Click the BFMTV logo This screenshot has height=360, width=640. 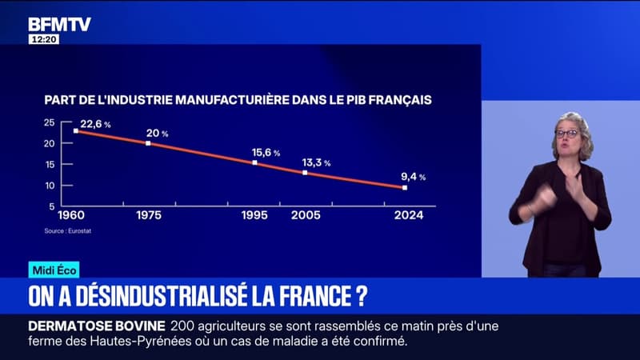click(59, 24)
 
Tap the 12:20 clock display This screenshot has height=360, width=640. click(43, 38)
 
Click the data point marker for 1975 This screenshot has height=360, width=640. click(148, 143)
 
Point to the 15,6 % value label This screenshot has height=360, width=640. click(266, 152)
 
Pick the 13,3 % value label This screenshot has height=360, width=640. click(315, 162)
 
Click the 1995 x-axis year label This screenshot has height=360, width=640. click(254, 215)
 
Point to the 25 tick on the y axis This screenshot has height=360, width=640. click(49, 122)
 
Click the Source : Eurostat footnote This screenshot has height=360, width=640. click(63, 231)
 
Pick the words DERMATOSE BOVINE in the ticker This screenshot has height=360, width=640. click(97, 325)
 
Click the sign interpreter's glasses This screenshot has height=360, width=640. click(567, 134)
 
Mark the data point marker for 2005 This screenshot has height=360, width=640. click(305, 172)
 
